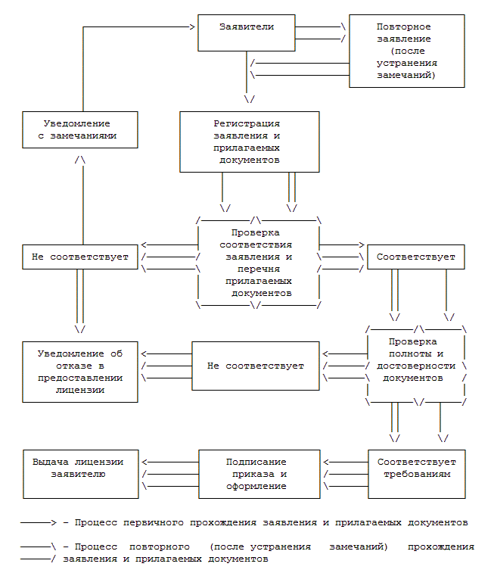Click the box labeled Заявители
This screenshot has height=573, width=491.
point(246,33)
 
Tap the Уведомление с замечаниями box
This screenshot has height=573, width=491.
point(79,129)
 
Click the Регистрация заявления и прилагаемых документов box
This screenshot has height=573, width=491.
point(249,142)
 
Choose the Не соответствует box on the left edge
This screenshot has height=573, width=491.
point(79,257)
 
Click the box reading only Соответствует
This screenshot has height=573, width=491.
point(415,257)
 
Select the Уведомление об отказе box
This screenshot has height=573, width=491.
point(79,372)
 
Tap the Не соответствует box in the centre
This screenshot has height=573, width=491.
point(255,366)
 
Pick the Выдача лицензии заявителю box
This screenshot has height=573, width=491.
point(80,473)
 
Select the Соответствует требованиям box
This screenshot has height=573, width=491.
point(417,473)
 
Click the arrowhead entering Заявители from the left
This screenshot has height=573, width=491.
point(192,27)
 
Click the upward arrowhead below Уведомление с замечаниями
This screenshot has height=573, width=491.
point(79,160)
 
